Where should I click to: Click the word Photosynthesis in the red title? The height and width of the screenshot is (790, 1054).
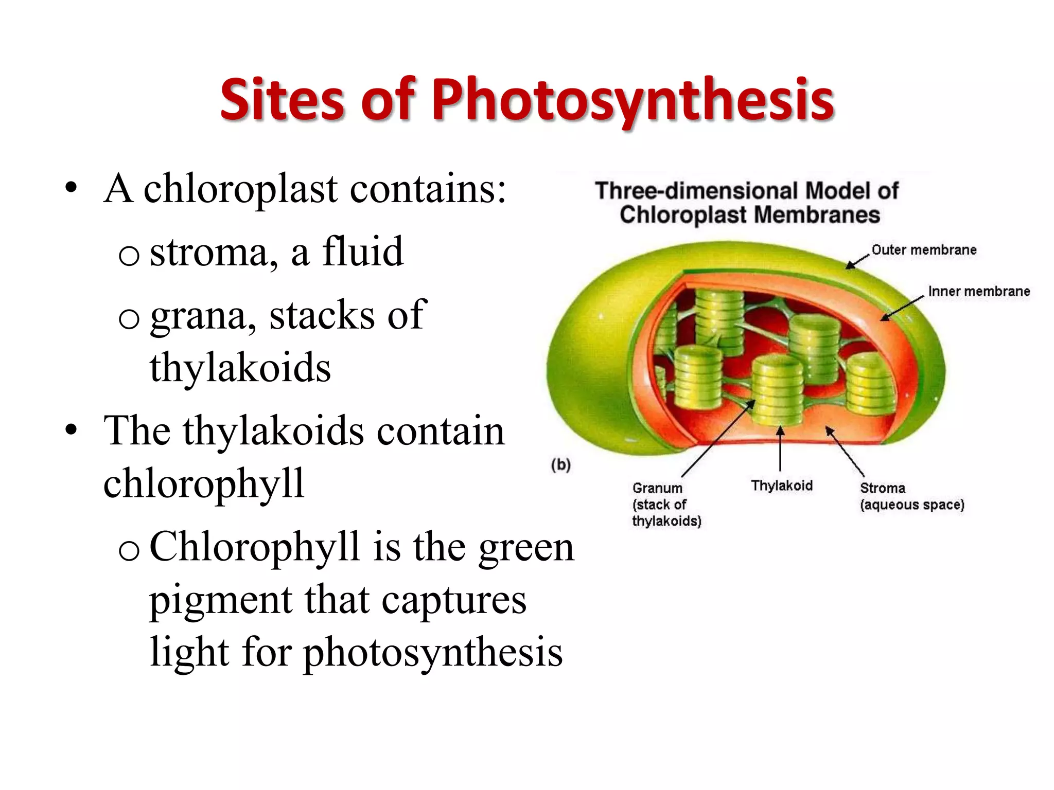pyautogui.click(x=633, y=100)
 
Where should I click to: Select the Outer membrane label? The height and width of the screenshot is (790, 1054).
pyautogui.click(x=924, y=250)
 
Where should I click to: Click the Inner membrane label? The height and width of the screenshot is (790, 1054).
pyautogui.click(x=979, y=292)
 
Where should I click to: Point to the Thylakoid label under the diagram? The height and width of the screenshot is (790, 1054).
pyautogui.click(x=782, y=486)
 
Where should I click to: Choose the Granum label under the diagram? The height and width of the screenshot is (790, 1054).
pyautogui.click(x=657, y=488)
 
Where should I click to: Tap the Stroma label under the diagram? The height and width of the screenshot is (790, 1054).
pyautogui.click(x=882, y=488)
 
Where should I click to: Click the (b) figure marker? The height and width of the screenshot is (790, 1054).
pyautogui.click(x=561, y=465)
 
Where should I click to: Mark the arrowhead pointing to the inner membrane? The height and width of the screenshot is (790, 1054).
pyautogui.click(x=884, y=318)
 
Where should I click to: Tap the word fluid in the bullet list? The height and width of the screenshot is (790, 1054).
pyautogui.click(x=363, y=252)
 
